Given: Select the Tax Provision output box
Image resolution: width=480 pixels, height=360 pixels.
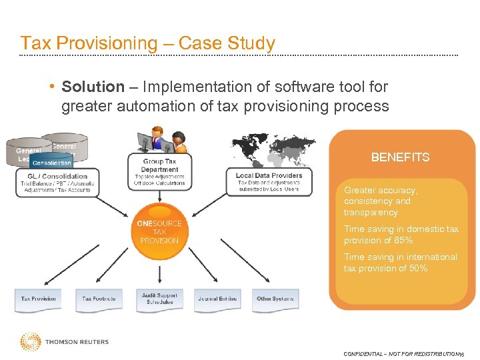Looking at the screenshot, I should [x=39, y=300].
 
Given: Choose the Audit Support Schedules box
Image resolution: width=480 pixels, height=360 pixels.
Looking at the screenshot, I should [x=159, y=299].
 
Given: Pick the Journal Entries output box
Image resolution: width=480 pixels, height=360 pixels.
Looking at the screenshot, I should [x=217, y=300].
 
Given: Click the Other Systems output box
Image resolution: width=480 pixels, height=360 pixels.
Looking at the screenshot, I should [x=275, y=300].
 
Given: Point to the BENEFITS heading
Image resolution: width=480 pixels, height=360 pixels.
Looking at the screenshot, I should [x=400, y=157].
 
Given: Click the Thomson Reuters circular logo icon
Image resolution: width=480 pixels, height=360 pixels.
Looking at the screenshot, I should [x=30, y=342].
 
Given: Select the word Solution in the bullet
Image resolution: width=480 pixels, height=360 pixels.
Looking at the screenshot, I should [x=93, y=87].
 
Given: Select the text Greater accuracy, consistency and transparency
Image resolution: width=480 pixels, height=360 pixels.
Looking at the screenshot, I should [x=380, y=201].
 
